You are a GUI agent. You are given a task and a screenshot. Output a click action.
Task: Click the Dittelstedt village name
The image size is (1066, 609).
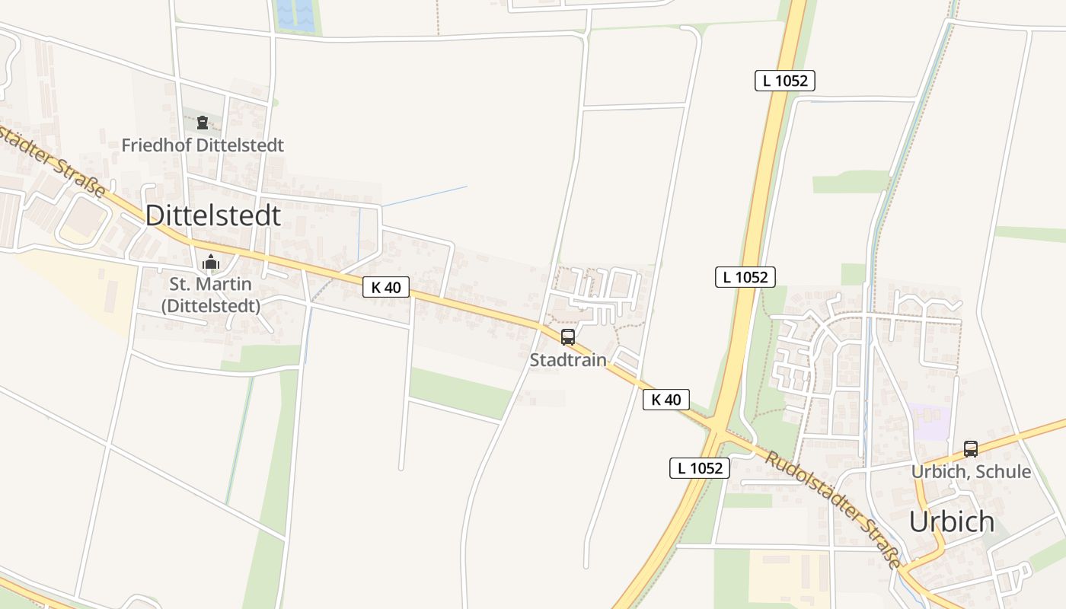point(212,215)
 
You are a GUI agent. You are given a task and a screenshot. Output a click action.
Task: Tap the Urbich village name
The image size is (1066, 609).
point(952,521)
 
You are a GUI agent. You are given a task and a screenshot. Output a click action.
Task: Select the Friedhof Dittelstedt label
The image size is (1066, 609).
point(203,145)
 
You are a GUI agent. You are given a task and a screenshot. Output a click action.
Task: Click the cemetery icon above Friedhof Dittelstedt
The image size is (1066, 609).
point(203,123)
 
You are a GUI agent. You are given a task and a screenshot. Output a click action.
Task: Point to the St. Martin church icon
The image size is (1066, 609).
point(211,263)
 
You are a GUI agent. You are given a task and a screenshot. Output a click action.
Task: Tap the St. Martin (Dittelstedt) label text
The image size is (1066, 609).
point(210,295)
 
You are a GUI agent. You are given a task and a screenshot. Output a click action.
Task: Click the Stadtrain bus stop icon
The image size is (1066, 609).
point(568,337)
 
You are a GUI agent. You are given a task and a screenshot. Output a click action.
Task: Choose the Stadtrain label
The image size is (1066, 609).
point(568,360)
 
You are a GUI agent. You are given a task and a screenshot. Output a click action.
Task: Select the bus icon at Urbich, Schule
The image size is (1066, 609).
point(971,449)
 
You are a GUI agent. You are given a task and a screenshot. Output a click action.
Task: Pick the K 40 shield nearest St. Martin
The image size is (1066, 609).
point(386,287)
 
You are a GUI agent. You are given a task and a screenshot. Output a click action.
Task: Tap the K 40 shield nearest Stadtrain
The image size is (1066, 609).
point(666,400)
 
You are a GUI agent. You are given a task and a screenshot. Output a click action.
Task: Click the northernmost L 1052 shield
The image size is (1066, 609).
point(785,81)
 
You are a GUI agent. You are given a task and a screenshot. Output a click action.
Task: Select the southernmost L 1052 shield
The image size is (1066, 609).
point(700,468)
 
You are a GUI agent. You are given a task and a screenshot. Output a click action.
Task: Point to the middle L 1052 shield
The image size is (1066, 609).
point(745,277)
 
